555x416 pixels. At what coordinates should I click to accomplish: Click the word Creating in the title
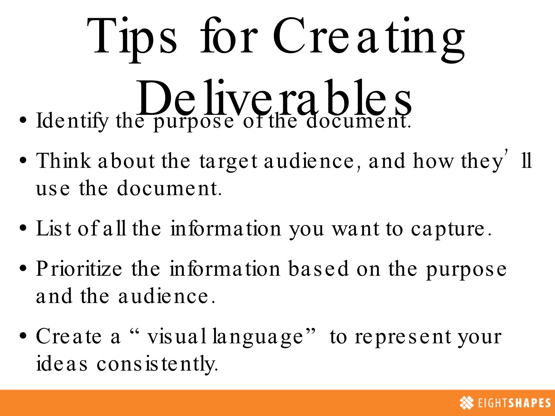point(369,37)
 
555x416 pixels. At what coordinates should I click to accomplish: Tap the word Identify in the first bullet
point(72,121)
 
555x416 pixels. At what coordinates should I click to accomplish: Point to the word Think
point(64,161)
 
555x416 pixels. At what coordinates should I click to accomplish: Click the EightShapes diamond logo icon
point(466,403)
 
